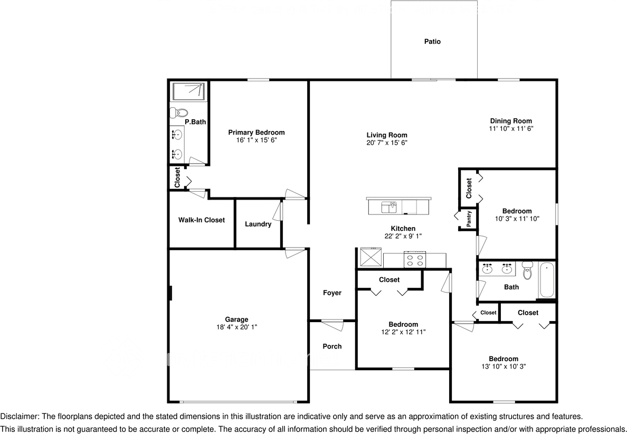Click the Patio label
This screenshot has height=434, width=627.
[432, 42]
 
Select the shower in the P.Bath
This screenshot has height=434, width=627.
[188, 91]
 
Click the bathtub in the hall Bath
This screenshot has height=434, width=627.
[546, 280]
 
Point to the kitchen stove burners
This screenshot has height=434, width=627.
[414, 259]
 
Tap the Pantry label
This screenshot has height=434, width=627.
[469, 219]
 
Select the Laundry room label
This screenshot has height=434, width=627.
[258, 224]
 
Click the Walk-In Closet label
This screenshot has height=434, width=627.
[201, 220]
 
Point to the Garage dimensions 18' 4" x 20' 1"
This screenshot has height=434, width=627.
[236, 327]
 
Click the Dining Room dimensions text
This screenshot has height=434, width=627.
[510, 128]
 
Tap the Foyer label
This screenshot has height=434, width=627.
[332, 293]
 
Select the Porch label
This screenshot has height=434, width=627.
[332, 346]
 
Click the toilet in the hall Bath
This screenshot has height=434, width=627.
[526, 271]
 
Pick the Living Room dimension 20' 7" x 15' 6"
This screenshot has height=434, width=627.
[387, 143]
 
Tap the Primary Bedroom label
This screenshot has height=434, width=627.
[256, 133]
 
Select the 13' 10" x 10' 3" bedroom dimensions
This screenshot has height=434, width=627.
[503, 366]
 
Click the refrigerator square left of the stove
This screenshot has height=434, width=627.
[371, 258]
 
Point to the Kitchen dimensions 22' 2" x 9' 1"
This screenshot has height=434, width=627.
[403, 236]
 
